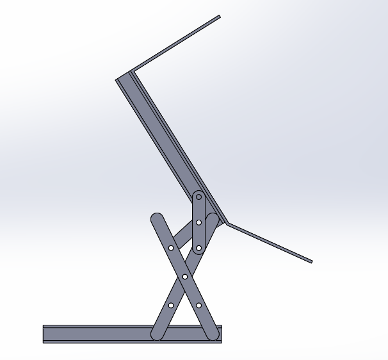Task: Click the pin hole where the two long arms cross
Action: [x=185, y=276]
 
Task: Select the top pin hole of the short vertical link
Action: [x=198, y=197]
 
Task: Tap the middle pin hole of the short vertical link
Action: [x=198, y=222]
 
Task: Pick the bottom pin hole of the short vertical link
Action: [x=198, y=247]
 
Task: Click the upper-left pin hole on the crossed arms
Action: [x=171, y=247]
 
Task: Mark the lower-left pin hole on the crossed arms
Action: [x=171, y=305]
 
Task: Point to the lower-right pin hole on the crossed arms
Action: [x=198, y=305]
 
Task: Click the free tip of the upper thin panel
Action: [x=220, y=17]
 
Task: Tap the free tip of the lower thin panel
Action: [x=311, y=261]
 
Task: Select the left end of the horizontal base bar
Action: [x=44, y=334]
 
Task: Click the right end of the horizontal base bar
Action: [x=220, y=334]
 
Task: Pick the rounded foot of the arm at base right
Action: [x=212, y=333]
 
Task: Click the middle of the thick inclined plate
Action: [x=172, y=148]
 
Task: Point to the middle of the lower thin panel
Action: [x=269, y=243]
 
